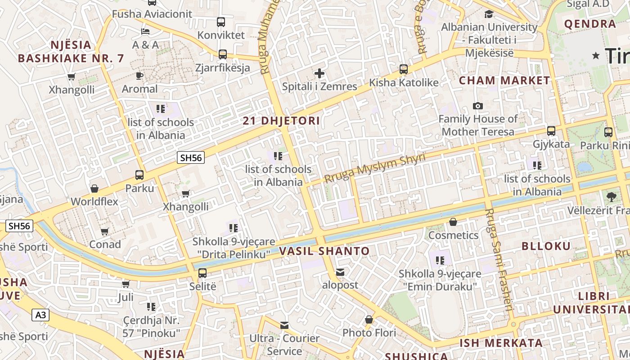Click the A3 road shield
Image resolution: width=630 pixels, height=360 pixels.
(x=40, y=315)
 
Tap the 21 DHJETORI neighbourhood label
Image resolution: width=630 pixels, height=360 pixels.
(x=281, y=121)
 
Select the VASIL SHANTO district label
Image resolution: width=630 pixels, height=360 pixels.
(x=324, y=251)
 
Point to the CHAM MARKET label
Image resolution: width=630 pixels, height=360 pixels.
(x=504, y=81)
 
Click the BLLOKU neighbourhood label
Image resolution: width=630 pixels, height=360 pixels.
(x=546, y=246)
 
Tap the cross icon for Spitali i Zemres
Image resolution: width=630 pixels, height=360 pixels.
(x=319, y=73)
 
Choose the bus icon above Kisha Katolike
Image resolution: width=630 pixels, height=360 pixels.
(x=404, y=69)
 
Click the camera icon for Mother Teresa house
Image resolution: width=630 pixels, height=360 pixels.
(x=478, y=106)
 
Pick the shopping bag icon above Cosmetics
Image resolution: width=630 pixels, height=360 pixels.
(x=453, y=222)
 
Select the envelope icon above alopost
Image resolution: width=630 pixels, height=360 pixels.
(x=340, y=272)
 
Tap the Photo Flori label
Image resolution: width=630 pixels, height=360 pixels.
(x=369, y=333)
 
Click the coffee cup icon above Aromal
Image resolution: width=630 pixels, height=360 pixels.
(x=139, y=76)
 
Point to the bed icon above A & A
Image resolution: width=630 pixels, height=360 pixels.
(x=145, y=31)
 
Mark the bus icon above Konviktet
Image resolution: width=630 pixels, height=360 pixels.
(x=221, y=22)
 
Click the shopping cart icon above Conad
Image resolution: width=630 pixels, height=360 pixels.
(x=105, y=231)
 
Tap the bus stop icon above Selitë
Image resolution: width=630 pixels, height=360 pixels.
(x=202, y=273)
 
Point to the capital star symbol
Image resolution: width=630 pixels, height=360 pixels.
(x=596, y=56)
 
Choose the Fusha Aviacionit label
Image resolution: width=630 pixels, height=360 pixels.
(x=152, y=14)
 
